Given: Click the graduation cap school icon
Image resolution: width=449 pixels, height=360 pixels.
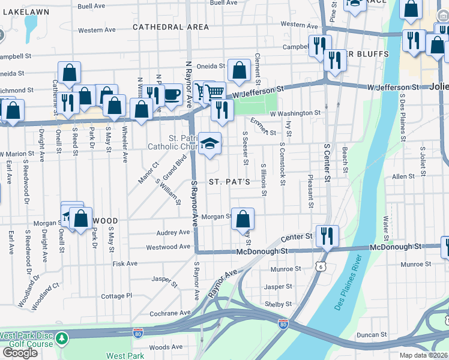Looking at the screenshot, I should click(x=209, y=143).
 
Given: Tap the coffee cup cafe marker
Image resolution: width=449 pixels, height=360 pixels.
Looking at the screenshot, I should click(x=172, y=95).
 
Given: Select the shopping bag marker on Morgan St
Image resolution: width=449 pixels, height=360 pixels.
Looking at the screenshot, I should click(x=243, y=219).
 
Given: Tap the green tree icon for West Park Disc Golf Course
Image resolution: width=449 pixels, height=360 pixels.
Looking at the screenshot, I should click(x=62, y=340).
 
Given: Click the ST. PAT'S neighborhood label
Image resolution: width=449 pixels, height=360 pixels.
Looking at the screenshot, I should click(x=229, y=182).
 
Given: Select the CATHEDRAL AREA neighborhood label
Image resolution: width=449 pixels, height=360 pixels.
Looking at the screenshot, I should click(x=170, y=27).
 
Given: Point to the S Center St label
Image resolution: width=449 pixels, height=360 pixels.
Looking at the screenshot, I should click(x=327, y=161).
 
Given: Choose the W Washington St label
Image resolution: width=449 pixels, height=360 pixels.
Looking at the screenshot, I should click(x=295, y=113).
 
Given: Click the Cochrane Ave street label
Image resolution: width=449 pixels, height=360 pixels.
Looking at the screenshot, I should click(x=169, y=313).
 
